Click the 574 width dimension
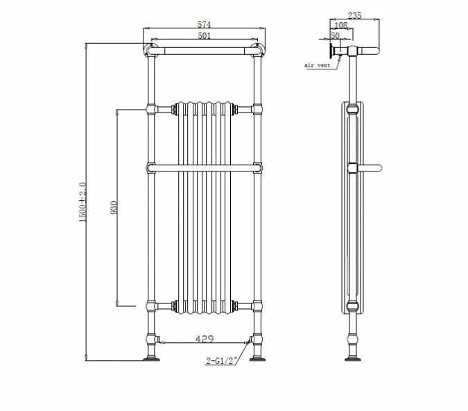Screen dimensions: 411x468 coord(204,25)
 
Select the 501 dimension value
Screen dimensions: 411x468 coord(204,36)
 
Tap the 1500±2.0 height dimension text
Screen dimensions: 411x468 coord(83,202)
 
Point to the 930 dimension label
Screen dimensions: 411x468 coord(114,207)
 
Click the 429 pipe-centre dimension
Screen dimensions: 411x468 coord(204,339)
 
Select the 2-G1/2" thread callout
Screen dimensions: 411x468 coord(222,360)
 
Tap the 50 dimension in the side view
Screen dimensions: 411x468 coord(335,35)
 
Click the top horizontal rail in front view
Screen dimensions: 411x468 coord(204,50)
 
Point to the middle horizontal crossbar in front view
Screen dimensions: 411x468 coord(204,167)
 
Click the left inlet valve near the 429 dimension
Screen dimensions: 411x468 coord(159,340)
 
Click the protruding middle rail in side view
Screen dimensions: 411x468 coord(369,167)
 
